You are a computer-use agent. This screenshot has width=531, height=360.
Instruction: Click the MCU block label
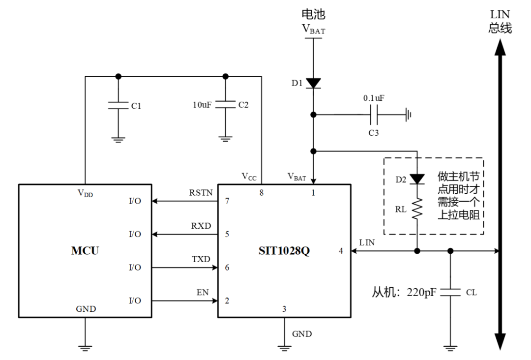85,251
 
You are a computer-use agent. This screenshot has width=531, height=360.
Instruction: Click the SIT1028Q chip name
284,251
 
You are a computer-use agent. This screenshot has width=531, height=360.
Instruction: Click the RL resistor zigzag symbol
417,208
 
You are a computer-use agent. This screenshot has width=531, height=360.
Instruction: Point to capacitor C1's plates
118,105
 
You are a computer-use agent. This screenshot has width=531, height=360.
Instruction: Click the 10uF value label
202,105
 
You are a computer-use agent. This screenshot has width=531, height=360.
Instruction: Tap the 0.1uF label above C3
374,98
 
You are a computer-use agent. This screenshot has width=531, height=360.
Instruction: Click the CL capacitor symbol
450,293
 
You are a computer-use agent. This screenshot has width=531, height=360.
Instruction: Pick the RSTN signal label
201,192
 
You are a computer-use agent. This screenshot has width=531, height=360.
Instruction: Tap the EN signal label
203,292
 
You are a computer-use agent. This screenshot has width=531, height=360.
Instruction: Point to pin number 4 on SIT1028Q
341,251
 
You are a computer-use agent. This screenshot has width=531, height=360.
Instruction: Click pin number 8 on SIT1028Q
262,193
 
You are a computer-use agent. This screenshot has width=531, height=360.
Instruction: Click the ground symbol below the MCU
85,348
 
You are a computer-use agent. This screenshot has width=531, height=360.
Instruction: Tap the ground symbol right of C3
408,115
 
